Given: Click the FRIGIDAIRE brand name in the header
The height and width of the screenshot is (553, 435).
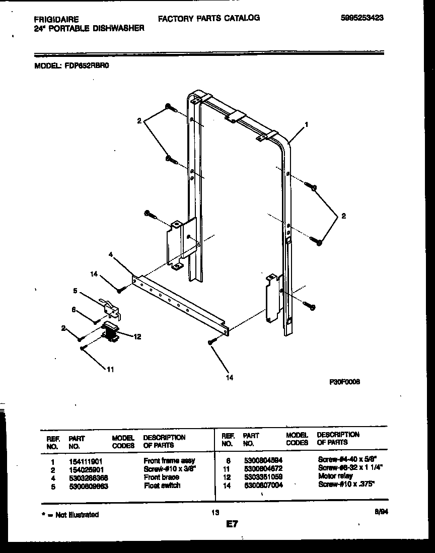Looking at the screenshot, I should (x=56, y=19).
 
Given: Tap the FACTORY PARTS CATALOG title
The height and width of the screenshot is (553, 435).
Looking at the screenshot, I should (x=209, y=18).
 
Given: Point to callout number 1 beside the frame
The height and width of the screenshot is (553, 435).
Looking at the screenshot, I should (x=306, y=124).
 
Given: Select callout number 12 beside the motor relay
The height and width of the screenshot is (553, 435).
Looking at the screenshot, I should (x=137, y=337).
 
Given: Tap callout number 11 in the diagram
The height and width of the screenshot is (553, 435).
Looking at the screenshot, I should (x=110, y=369).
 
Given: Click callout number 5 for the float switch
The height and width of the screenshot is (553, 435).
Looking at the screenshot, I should (x=75, y=291).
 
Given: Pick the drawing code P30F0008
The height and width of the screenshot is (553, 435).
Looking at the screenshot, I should (x=344, y=381).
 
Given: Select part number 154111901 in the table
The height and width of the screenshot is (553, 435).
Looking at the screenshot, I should (x=85, y=460).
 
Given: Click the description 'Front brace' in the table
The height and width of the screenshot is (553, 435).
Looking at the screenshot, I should (x=161, y=477).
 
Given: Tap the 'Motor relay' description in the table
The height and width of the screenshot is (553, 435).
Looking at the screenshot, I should (x=335, y=476).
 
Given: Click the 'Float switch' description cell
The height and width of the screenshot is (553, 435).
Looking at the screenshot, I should (x=162, y=486).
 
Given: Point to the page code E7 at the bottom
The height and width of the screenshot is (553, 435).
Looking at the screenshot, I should (x=232, y=524).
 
